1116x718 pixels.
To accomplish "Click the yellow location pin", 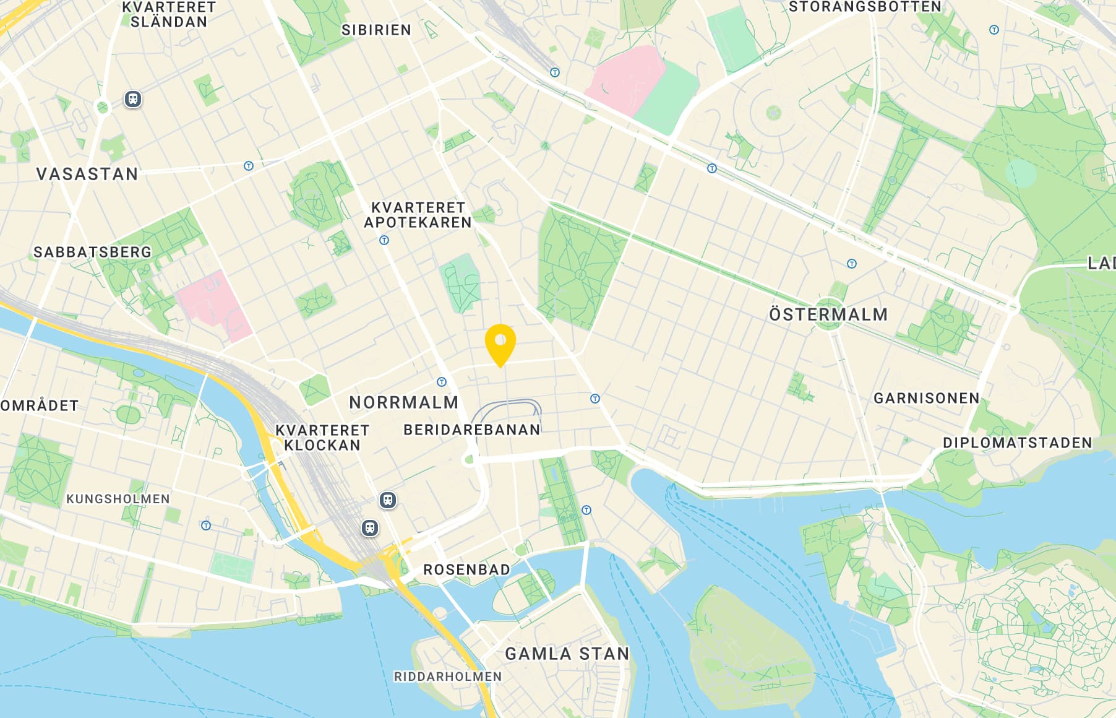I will tap(500, 342).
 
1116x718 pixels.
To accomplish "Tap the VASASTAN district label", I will tap(87, 174).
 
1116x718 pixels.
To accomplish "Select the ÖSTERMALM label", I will tap(828, 314).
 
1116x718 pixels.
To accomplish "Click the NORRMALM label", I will tap(404, 402).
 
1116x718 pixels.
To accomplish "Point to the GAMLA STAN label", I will tap(567, 654).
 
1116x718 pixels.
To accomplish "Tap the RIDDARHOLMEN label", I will tap(448, 677).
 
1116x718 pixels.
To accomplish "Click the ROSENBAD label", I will tap(466, 569).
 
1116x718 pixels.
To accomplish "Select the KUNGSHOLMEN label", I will tap(118, 499).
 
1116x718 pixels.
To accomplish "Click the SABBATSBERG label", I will tap(92, 252).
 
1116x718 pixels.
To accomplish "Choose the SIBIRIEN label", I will tap(376, 30).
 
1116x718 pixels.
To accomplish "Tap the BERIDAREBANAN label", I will tap(472, 430).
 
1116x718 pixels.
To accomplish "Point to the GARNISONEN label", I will tap(926, 398).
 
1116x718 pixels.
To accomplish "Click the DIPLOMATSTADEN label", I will tap(1017, 443).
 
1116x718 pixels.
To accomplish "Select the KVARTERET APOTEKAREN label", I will tap(418, 215).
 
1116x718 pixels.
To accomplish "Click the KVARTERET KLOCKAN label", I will tap(322, 438).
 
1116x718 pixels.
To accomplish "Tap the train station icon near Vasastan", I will tap(133, 99).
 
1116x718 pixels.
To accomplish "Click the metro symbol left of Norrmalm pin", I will tap(442, 382).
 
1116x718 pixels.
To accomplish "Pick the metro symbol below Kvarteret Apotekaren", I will tap(384, 240).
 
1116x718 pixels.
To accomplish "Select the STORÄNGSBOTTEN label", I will tap(864, 7).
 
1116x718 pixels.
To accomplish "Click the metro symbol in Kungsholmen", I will tap(206, 526).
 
